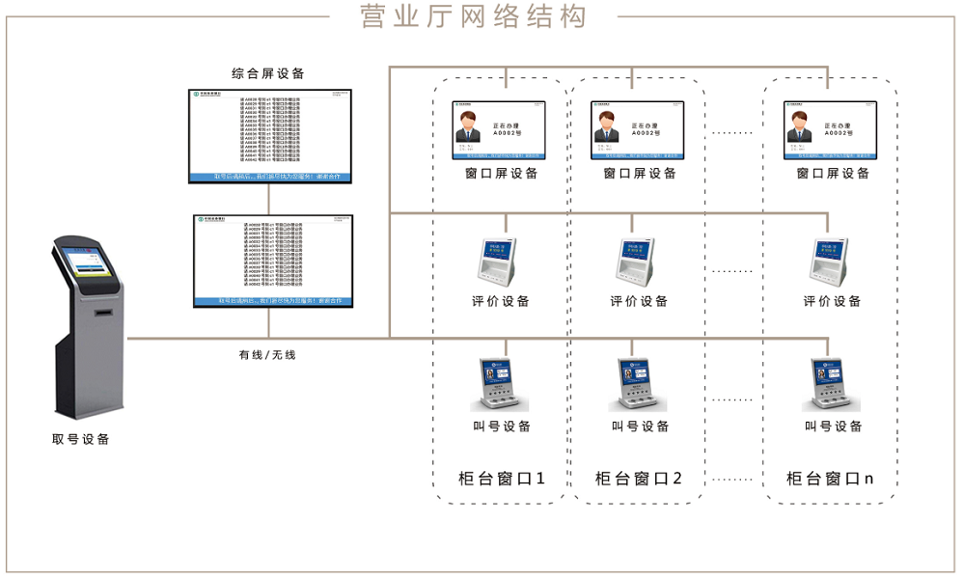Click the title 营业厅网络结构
click(473, 17)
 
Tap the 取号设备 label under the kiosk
click(81, 440)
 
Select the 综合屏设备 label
click(268, 73)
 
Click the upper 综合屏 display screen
click(271, 135)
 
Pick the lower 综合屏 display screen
click(274, 261)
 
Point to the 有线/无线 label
click(268, 355)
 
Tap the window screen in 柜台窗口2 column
click(640, 129)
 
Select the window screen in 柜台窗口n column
click(831, 129)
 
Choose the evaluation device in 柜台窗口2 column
click(636, 261)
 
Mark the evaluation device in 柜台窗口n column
click(829, 261)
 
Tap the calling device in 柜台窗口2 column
click(640, 385)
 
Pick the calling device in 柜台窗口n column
click(832, 385)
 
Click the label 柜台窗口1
click(502, 479)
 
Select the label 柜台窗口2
click(639, 479)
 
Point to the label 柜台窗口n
click(831, 479)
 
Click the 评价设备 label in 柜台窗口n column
click(832, 302)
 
